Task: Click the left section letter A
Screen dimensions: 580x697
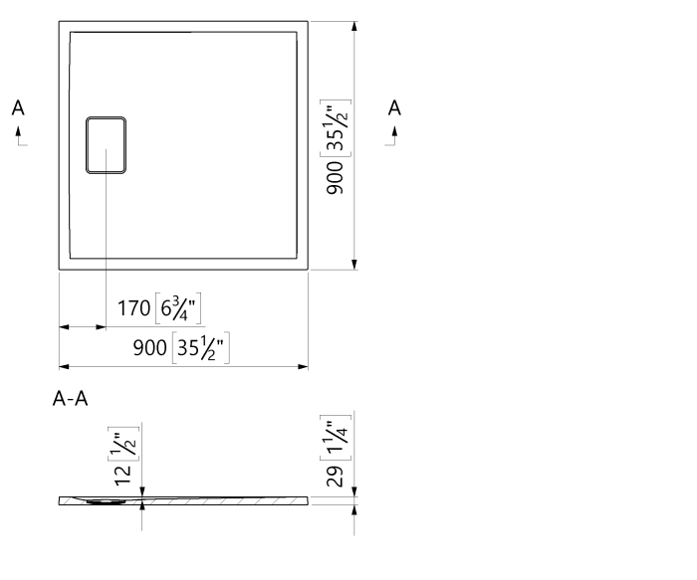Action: pyautogui.click(x=18, y=108)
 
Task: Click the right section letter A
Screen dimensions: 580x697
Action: pyautogui.click(x=395, y=108)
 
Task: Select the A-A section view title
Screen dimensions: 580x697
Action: pyautogui.click(x=71, y=400)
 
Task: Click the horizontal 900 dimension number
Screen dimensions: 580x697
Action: pyautogui.click(x=151, y=348)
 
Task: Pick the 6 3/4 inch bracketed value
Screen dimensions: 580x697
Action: pyautogui.click(x=180, y=309)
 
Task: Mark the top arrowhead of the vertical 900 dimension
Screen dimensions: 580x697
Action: pyautogui.click(x=354, y=27)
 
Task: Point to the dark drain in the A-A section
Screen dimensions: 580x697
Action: pyautogui.click(x=105, y=501)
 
